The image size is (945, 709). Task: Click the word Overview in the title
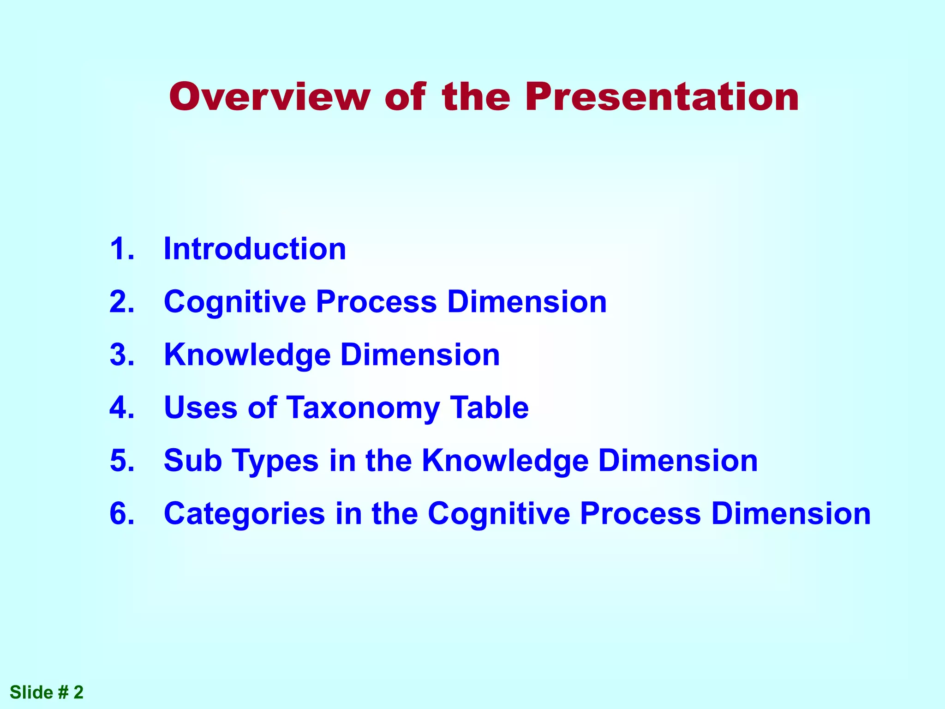tap(269, 97)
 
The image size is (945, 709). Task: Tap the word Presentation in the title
tap(662, 97)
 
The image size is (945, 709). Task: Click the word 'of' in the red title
tap(405, 97)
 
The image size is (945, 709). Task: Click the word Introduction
tap(255, 249)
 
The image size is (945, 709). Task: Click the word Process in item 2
tap(376, 302)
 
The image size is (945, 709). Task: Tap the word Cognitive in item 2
tap(235, 302)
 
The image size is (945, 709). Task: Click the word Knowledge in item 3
tap(247, 355)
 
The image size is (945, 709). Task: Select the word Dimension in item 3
tap(420, 355)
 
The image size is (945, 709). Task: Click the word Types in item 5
tap(275, 461)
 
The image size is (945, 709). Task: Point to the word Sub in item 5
tap(193, 461)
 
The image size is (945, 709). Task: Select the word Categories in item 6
tap(245, 514)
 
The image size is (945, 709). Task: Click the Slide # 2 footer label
tap(47, 692)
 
